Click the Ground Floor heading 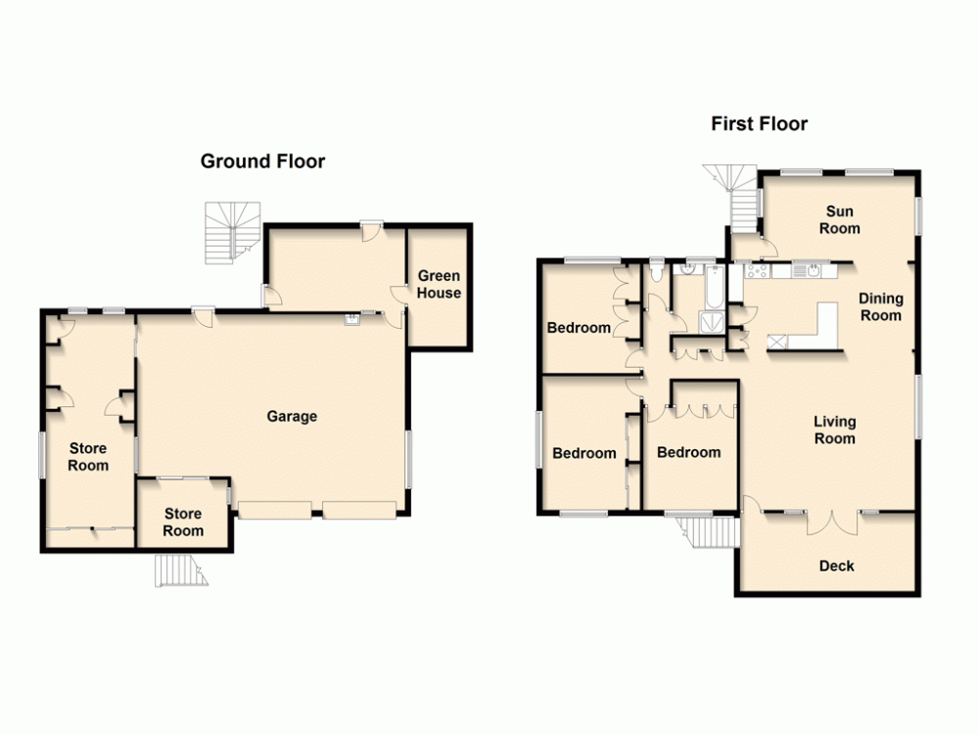click(262, 161)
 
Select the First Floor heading click(759, 124)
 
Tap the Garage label click(292, 417)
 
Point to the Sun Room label click(839, 220)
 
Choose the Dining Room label click(880, 307)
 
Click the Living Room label click(834, 430)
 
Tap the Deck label click(836, 565)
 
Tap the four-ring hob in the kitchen click(757, 270)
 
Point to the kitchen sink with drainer click(809, 270)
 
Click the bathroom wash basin click(692, 265)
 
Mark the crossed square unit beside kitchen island click(778, 343)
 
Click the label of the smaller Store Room click(183, 522)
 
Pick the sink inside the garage click(351, 317)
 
